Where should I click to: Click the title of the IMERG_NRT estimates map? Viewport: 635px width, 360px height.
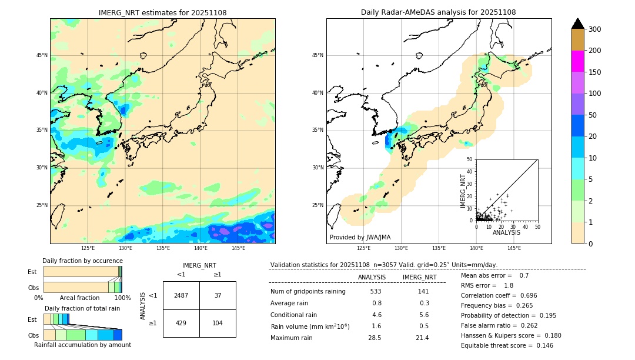162,12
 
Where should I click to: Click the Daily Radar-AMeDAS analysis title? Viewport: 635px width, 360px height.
438,12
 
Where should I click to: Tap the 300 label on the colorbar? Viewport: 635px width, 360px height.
595,29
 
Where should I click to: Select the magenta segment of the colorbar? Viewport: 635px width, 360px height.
577,61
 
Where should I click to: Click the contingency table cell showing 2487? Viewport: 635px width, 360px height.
181,295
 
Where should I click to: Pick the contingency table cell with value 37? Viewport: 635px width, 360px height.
218,295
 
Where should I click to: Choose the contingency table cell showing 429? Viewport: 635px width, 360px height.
181,324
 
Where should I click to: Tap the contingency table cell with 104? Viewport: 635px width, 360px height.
218,324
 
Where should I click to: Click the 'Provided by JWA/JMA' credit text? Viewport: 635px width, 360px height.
360,238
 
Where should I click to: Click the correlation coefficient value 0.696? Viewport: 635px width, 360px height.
523,295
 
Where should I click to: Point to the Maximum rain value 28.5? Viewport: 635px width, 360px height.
375,338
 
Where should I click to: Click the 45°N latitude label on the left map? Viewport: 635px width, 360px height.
42,55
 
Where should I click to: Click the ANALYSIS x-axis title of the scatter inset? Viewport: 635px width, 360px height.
506,232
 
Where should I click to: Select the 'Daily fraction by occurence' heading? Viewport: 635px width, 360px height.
82,261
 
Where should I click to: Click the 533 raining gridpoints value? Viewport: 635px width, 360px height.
376,291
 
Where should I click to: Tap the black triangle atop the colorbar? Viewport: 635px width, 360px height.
577,24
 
